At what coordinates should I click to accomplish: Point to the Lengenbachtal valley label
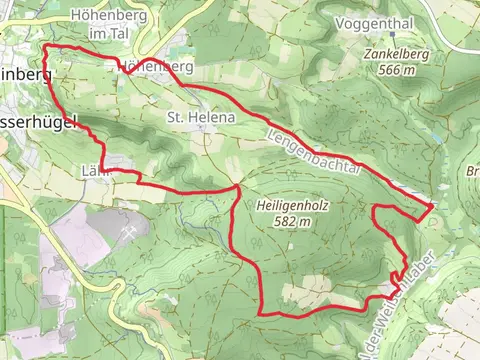pos(313,150)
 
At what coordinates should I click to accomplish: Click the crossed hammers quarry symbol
pos(130,232)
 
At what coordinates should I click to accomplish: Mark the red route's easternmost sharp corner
pos(432,206)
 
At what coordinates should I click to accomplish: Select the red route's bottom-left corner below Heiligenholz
pos(262,314)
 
